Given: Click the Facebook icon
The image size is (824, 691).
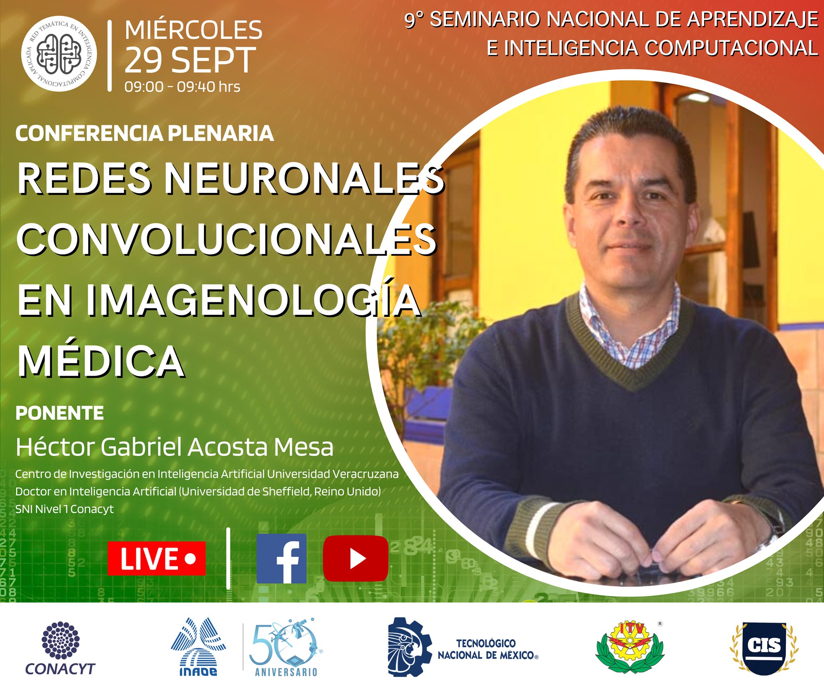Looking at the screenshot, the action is click(x=282, y=559).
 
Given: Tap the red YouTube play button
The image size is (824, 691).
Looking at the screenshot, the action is click(x=356, y=559).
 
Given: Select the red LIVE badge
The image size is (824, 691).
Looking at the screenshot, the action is click(x=157, y=559).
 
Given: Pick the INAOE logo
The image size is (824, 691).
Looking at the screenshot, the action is click(x=198, y=647).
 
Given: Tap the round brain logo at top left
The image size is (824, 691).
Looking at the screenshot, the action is click(x=59, y=54).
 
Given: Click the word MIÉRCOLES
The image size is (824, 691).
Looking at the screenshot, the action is click(x=194, y=30).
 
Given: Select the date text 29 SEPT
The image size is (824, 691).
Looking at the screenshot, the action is click(x=190, y=60).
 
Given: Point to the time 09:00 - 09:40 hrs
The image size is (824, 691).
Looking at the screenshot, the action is click(x=182, y=87).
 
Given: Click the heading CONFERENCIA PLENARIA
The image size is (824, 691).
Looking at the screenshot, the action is click(x=144, y=134).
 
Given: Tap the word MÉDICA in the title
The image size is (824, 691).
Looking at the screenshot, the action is click(x=101, y=361).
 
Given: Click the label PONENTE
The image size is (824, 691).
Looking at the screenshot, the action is click(x=60, y=413).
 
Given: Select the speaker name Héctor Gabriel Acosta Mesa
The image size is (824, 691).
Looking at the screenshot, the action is click(x=175, y=447).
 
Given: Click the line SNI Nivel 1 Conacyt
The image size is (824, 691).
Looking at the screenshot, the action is click(x=64, y=509).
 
